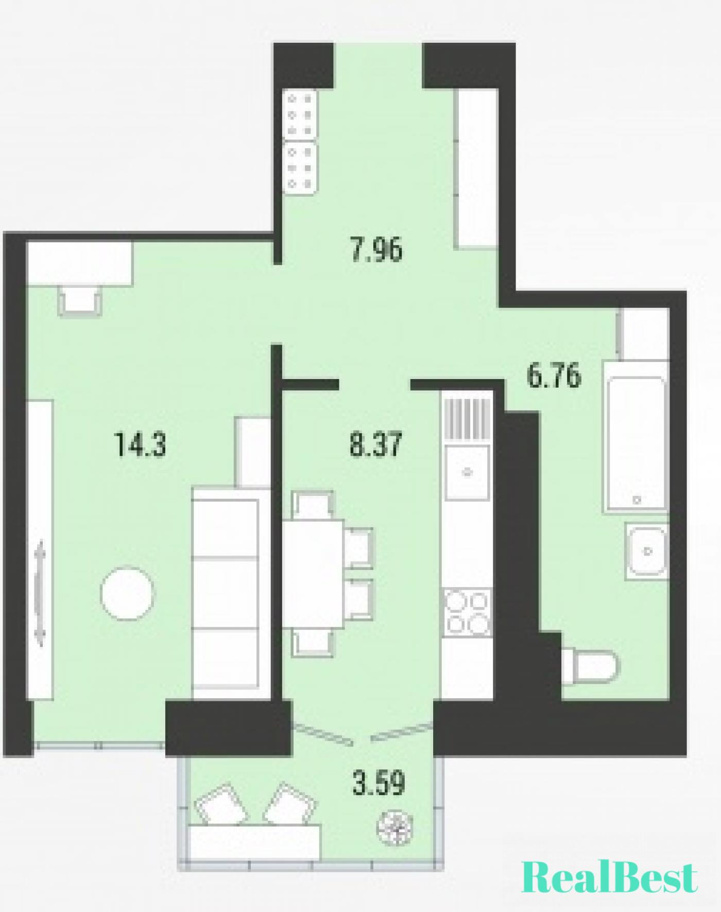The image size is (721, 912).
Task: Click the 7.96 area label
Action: (376, 251)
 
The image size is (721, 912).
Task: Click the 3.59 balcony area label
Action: (379, 783)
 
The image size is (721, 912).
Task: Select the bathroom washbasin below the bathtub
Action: (647, 551)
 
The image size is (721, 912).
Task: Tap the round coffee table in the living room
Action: (128, 593)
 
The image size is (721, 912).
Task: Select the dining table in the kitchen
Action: (313, 574)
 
